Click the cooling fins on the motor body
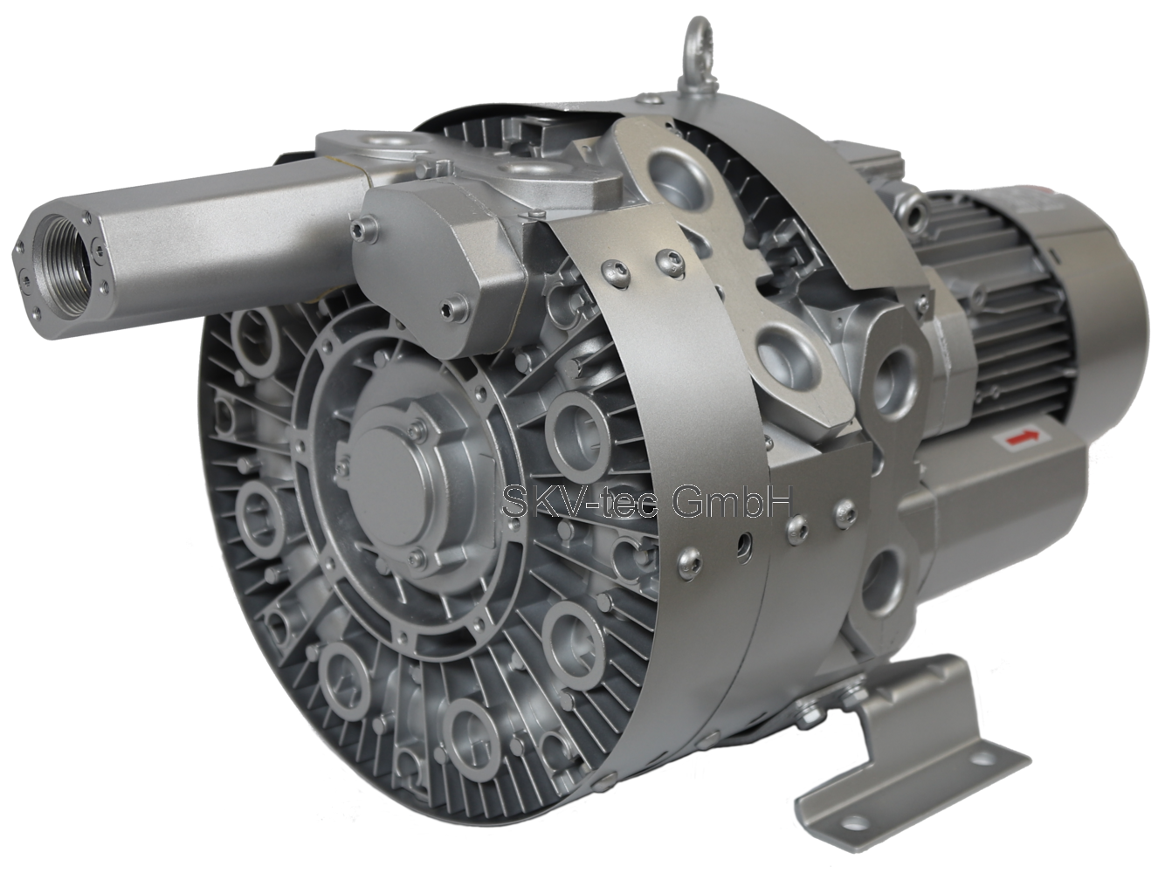[1011, 313]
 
